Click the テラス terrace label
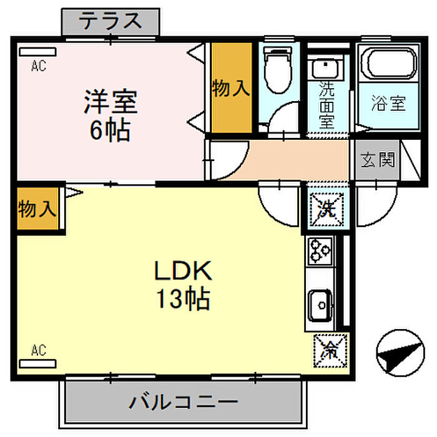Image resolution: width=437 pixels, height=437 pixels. [110, 21]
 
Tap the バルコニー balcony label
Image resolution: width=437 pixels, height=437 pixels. [183, 401]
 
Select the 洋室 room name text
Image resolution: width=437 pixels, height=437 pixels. [111, 101]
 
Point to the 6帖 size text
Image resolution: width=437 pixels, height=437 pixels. [110, 130]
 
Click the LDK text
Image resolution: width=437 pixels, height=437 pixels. [183, 270]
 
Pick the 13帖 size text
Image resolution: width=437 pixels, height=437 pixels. [183, 298]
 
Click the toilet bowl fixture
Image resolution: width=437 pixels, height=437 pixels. [278, 70]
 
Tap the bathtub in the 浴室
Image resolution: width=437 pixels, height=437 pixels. [389, 62]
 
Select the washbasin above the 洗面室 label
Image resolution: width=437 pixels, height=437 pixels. [325, 67]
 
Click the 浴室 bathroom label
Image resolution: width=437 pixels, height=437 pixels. [388, 104]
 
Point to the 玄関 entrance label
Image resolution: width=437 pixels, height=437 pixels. [378, 160]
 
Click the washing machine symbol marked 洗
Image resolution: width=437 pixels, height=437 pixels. [327, 209]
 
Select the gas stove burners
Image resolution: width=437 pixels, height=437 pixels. [320, 250]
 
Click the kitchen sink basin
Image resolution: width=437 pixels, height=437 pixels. [320, 305]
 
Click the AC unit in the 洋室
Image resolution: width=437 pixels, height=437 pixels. [37, 52]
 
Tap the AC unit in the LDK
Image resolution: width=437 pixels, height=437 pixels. [37, 364]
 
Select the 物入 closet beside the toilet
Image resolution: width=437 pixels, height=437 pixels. [232, 88]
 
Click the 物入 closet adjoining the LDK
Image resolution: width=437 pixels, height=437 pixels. [37, 209]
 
